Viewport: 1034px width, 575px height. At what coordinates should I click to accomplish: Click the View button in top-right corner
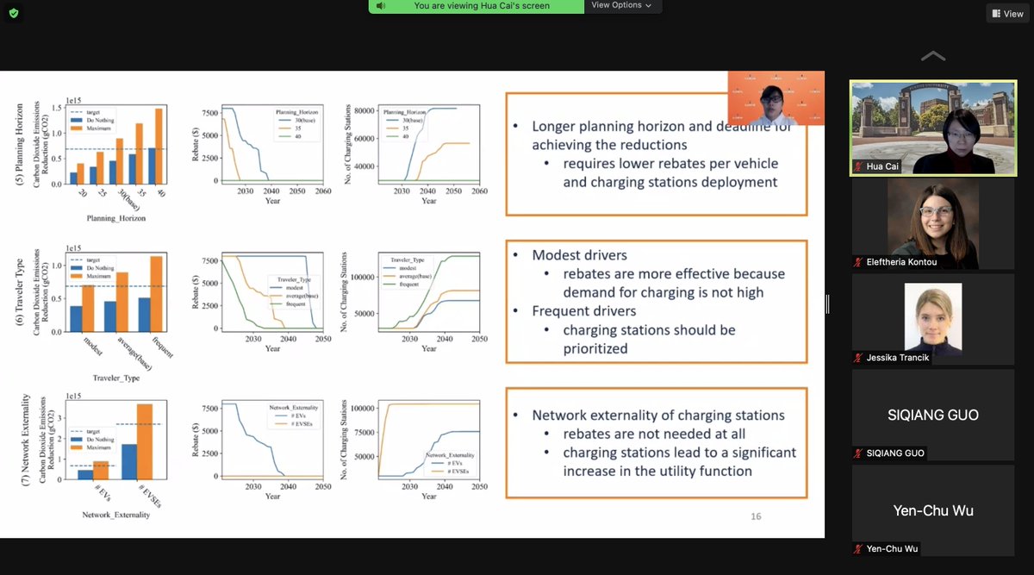1006,13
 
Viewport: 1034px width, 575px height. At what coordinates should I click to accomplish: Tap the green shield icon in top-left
13,13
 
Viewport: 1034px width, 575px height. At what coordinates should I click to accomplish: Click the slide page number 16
755,516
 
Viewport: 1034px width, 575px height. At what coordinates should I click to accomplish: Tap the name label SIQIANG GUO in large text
933,415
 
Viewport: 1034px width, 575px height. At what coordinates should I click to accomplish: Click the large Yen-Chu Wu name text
933,510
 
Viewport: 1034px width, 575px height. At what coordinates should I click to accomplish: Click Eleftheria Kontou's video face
933,218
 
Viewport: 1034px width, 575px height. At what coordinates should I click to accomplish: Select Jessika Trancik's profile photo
933,316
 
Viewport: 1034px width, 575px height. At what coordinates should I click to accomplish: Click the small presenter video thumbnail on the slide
763,100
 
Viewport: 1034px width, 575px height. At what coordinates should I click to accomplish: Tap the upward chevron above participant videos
932,57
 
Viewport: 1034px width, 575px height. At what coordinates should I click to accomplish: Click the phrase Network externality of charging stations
658,416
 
